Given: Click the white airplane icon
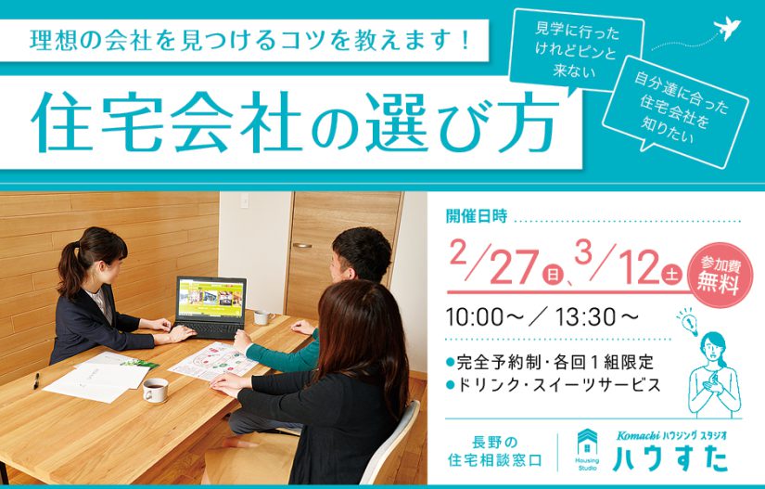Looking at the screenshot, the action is (726, 29).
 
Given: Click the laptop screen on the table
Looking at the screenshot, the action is (211, 298).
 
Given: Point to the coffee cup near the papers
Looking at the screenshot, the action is (155, 390).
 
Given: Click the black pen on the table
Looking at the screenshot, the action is (36, 380).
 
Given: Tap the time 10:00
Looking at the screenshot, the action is (475, 317).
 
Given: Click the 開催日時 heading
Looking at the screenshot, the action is (477, 215).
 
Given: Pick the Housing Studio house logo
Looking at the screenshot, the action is (587, 449).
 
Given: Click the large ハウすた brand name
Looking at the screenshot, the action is (670, 458).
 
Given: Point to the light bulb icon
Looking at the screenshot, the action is (687, 321).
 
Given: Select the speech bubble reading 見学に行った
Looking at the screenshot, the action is (576, 51).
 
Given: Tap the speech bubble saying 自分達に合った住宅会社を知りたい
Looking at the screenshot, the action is (675, 111).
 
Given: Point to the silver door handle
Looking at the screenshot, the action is (302, 246).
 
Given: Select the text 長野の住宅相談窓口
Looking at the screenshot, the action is (494, 451).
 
